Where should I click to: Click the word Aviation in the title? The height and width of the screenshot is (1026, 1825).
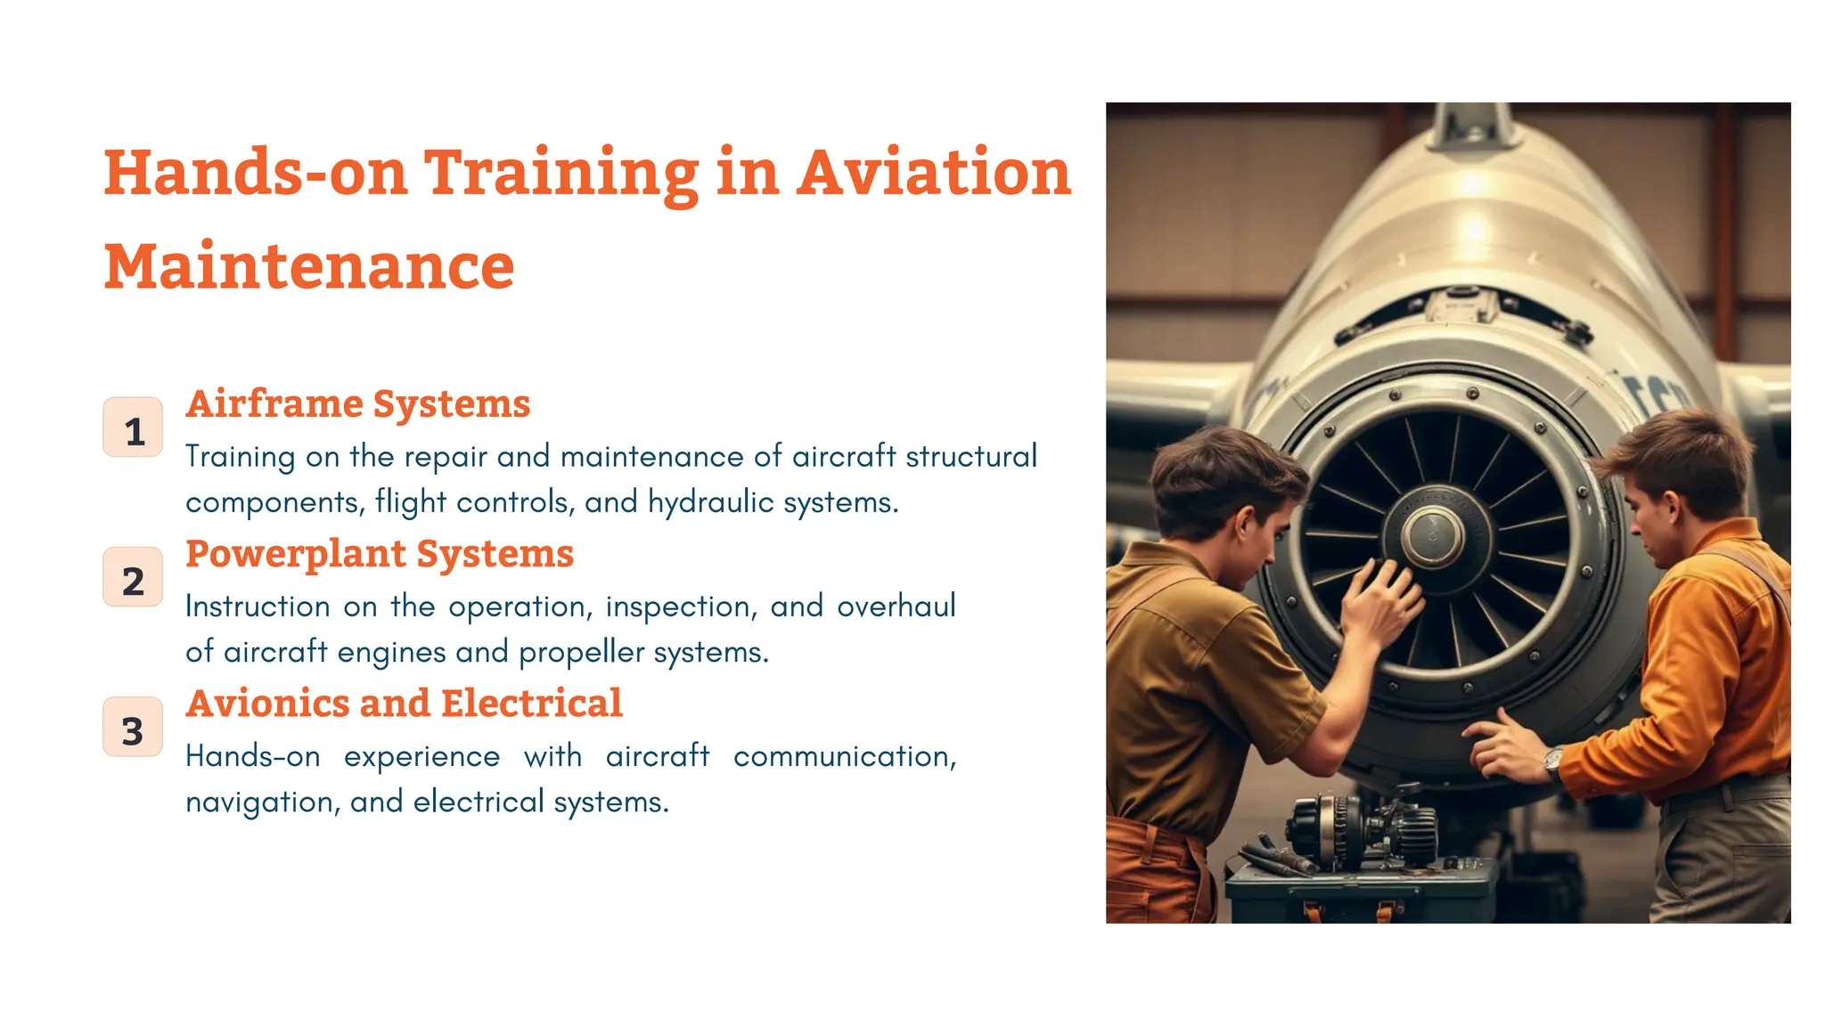click(x=933, y=173)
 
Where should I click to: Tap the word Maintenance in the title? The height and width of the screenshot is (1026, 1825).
click(x=309, y=266)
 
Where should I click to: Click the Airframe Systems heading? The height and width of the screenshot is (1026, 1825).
click(x=357, y=404)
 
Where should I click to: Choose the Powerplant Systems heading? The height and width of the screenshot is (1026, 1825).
click(x=379, y=554)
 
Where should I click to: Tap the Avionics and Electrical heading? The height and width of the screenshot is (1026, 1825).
click(x=404, y=704)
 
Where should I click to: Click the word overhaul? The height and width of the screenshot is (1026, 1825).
click(x=896, y=607)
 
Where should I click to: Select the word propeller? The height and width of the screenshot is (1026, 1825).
click(x=581, y=653)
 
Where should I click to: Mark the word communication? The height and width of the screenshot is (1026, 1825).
click(x=844, y=756)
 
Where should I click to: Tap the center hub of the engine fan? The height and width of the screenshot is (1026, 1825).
click(x=1432, y=537)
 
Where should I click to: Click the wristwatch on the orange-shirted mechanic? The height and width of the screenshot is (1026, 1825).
click(x=1554, y=761)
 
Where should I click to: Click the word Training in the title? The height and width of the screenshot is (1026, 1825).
click(x=561, y=173)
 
